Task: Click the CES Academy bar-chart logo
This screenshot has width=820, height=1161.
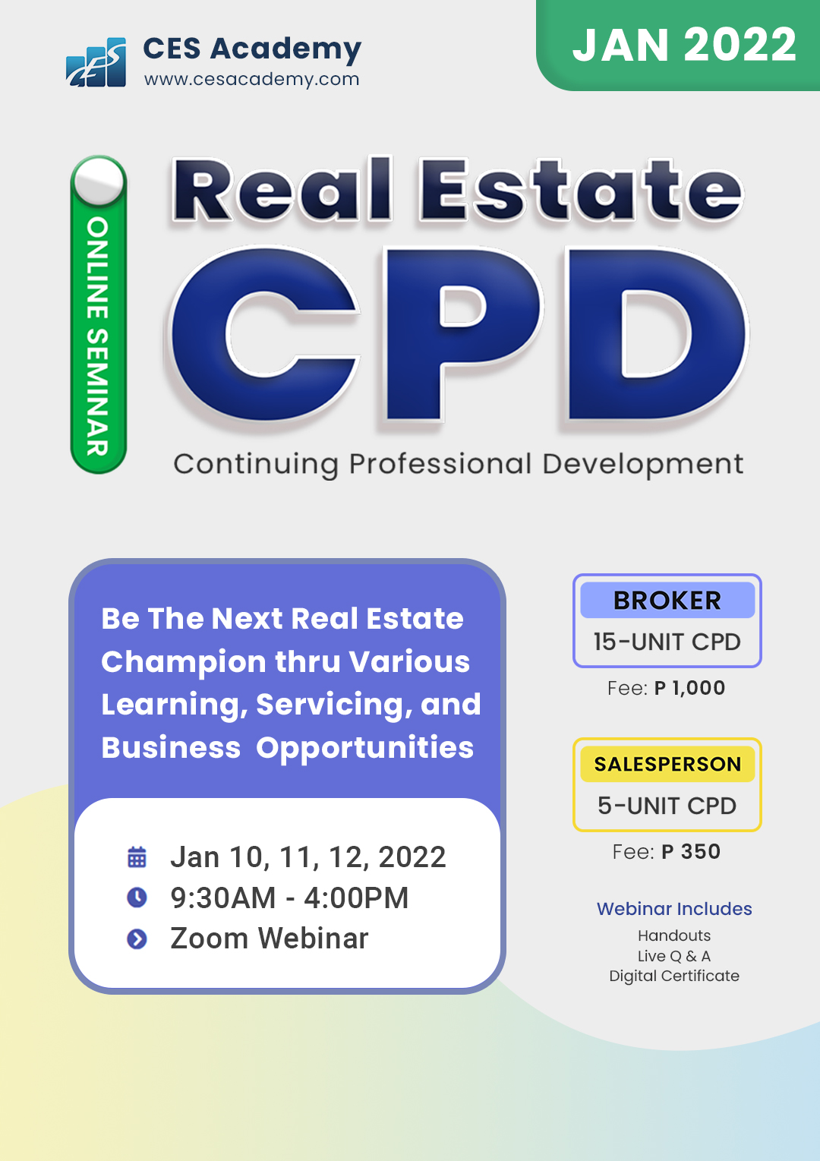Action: click(96, 62)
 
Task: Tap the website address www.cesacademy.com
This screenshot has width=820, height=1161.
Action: click(251, 79)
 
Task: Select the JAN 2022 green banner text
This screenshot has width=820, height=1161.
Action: click(684, 45)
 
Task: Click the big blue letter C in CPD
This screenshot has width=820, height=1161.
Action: click(264, 334)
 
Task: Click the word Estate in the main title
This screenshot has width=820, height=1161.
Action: click(582, 190)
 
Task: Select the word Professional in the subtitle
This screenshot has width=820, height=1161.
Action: click(440, 463)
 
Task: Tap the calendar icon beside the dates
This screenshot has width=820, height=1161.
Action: click(137, 857)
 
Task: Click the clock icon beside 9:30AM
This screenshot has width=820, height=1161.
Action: click(137, 898)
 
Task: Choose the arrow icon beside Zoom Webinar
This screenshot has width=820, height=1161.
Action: click(137, 939)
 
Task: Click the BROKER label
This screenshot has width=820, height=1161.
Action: click(667, 601)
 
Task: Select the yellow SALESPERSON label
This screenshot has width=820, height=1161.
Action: click(667, 764)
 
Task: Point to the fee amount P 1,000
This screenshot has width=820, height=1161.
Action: click(689, 688)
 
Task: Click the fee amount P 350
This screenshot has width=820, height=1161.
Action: click(691, 851)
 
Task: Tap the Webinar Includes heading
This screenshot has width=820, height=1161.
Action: click(673, 909)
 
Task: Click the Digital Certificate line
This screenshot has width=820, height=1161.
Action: click(673, 976)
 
